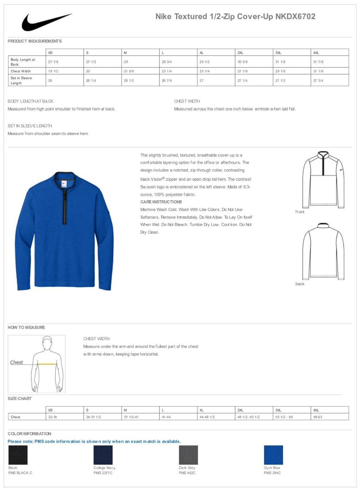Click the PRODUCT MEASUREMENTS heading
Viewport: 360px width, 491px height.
click(x=34, y=41)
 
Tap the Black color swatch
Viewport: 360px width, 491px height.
click(x=18, y=455)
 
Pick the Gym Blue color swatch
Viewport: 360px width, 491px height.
click(x=273, y=455)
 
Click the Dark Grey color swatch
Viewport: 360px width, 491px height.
click(x=188, y=455)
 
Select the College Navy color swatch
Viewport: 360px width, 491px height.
click(x=103, y=455)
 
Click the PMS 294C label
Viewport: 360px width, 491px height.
click(x=272, y=473)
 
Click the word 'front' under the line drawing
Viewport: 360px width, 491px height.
click(x=300, y=212)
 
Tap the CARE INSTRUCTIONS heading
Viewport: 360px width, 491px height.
click(x=161, y=202)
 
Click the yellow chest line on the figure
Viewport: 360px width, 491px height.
click(x=47, y=364)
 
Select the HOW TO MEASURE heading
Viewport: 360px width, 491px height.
click(x=26, y=328)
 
